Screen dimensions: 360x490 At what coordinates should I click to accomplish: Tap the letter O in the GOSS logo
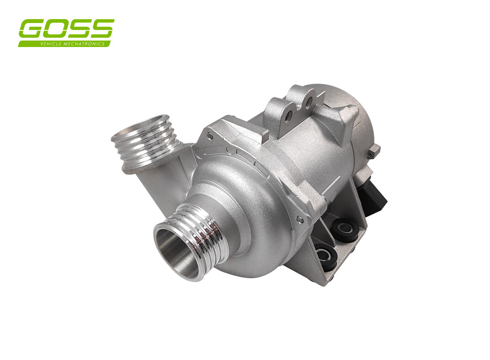pos(55,29)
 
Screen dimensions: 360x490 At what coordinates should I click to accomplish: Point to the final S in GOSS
pos(102,29)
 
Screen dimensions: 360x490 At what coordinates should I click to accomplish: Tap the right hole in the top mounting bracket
pos(308,103)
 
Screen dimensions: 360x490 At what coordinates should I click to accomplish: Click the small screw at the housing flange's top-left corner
pos(210,136)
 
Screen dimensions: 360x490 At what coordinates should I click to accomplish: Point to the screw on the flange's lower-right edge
pos(299,220)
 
